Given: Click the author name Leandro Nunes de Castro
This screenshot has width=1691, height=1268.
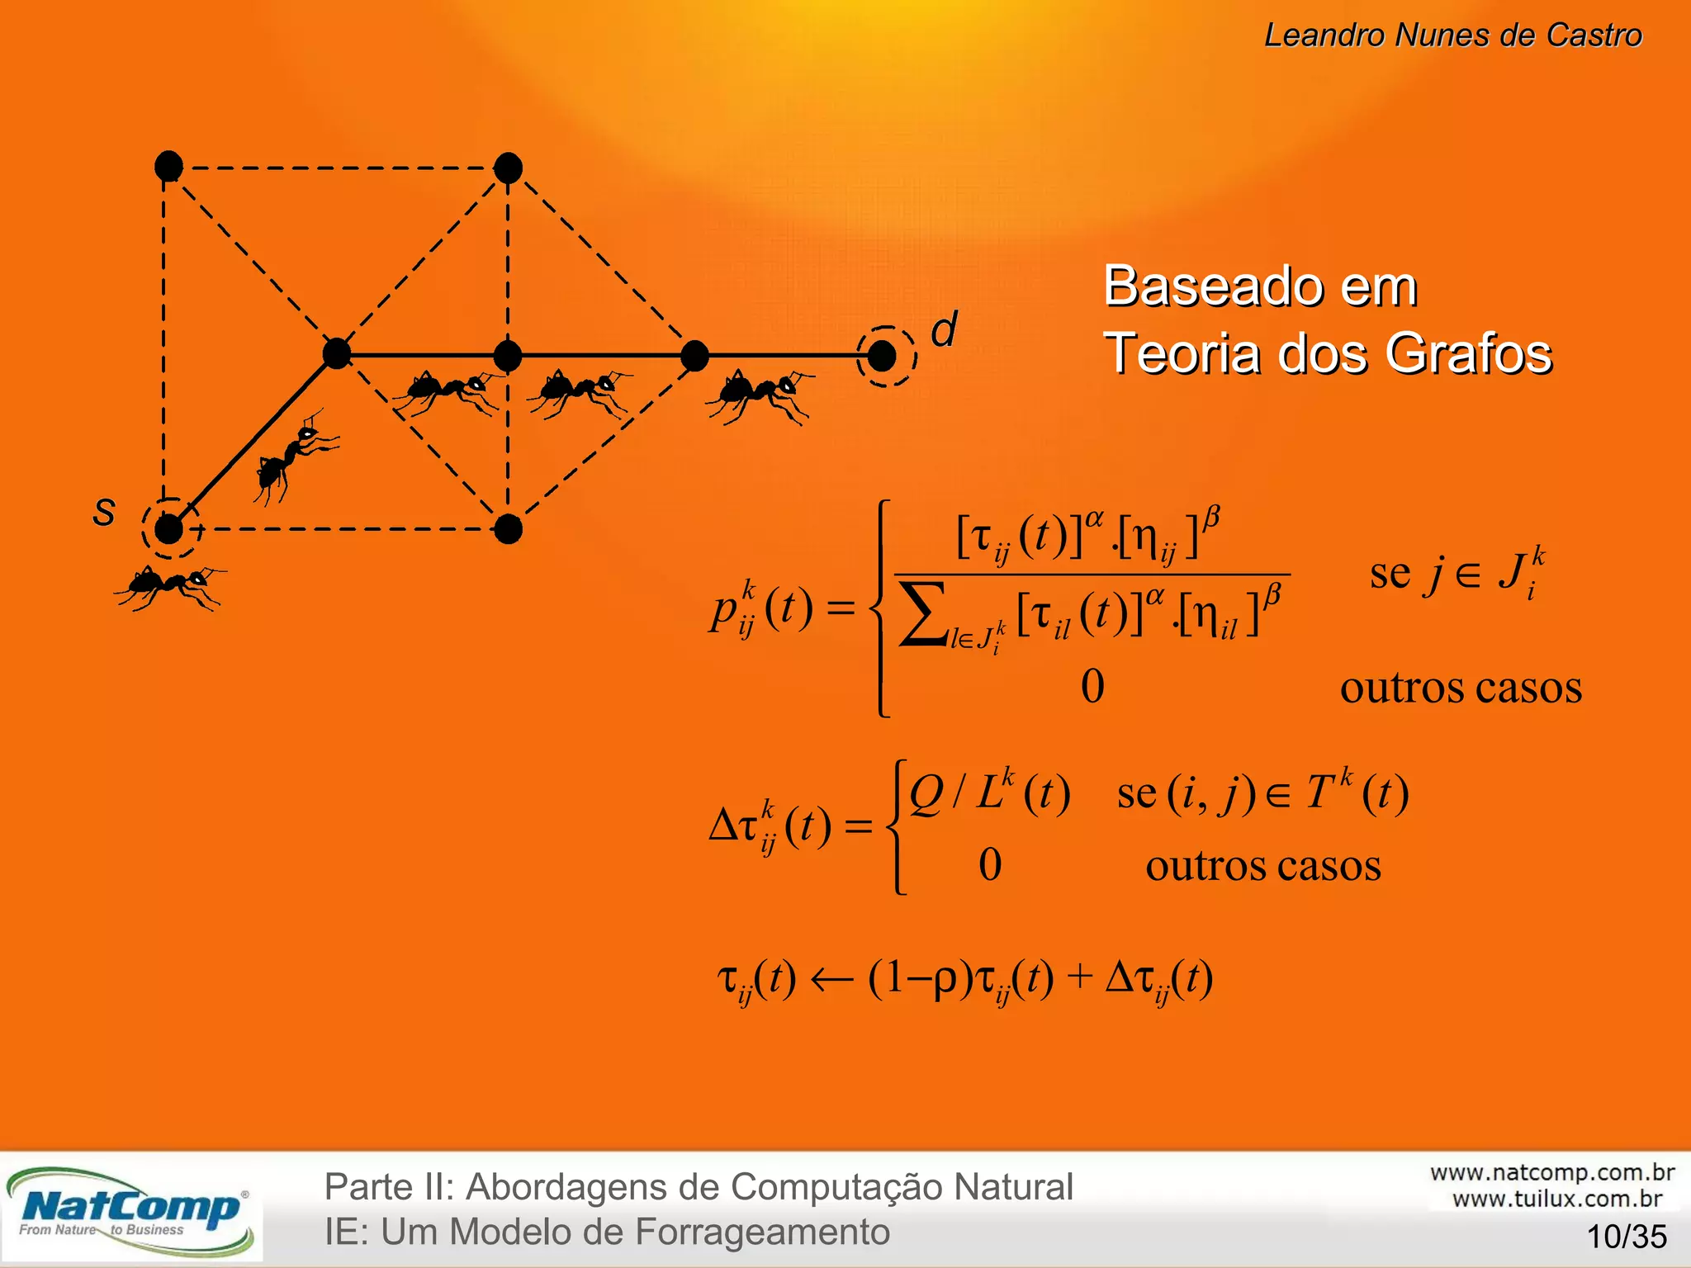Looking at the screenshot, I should pyautogui.click(x=1453, y=35).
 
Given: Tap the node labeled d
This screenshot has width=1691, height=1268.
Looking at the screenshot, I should pyautogui.click(x=882, y=356).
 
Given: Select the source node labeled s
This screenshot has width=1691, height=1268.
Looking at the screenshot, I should pyautogui.click(x=168, y=528).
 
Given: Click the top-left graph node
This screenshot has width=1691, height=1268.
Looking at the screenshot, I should pyautogui.click(x=168, y=167).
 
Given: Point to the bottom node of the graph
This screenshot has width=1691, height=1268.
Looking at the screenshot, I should pyautogui.click(x=508, y=528).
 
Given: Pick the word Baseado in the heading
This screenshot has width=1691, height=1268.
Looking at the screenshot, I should pyautogui.click(x=1209, y=286).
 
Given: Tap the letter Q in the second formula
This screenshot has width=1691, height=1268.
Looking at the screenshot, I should pyautogui.click(x=926, y=794).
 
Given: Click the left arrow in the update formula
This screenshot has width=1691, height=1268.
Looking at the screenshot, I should pyautogui.click(x=831, y=980).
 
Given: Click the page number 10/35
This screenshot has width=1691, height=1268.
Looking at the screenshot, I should pyautogui.click(x=1627, y=1237).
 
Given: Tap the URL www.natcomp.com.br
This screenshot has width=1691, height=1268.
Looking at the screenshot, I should pyautogui.click(x=1552, y=1172).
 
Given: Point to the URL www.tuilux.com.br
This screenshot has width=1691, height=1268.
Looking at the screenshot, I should pyautogui.click(x=1557, y=1199).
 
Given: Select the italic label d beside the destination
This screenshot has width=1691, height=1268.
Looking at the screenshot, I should pyautogui.click(x=944, y=329).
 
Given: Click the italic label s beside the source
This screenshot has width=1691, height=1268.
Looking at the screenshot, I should pyautogui.click(x=104, y=511).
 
